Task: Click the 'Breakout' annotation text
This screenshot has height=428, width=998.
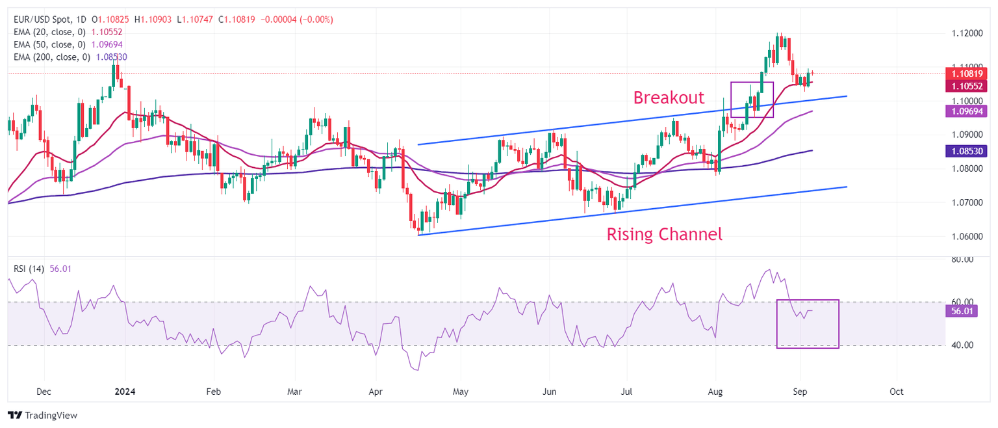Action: pos(669,98)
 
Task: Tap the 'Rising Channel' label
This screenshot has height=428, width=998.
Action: pos(664,234)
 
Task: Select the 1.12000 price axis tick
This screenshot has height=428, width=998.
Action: pos(967,33)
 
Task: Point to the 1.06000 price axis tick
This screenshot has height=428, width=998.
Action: pos(967,236)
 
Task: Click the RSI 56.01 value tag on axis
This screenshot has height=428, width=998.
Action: pos(959,312)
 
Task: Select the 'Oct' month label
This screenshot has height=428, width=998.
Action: pos(897,392)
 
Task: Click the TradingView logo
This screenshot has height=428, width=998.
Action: pos(42,415)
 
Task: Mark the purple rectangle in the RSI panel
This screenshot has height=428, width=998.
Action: pos(808,324)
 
